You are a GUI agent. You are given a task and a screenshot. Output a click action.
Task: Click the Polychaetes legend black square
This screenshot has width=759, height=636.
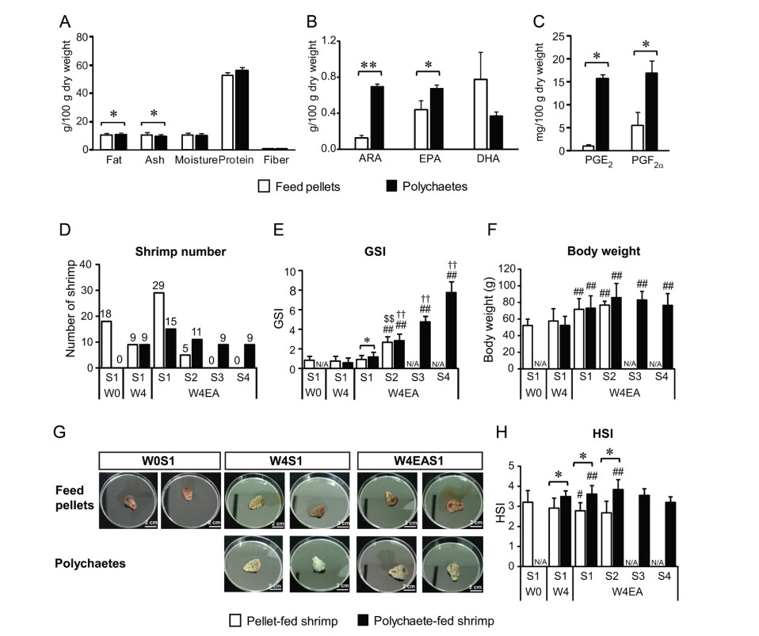[389, 187]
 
